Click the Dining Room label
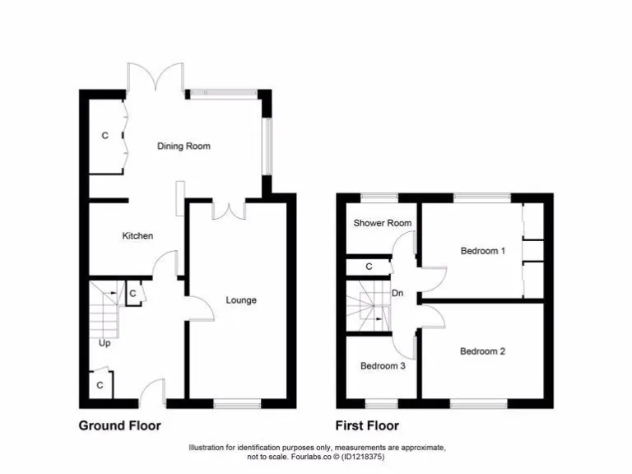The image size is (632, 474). [184, 146]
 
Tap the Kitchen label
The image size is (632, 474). [137, 236]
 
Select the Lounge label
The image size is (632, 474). [241, 300]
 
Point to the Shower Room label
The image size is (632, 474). [383, 223]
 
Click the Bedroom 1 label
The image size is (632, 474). [481, 251]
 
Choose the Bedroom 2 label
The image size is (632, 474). [482, 351]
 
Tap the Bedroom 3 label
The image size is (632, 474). [383, 366]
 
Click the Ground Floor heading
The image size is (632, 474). [119, 425]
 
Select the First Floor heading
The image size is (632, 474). [367, 425]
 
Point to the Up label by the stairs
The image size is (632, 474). [105, 343]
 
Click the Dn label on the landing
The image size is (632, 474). [397, 293]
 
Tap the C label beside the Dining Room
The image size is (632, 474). [105, 136]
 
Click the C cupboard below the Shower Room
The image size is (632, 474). [369, 267]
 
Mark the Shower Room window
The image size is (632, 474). [379, 197]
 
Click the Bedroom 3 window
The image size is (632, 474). [379, 403]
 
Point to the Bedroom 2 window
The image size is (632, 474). [478, 403]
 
